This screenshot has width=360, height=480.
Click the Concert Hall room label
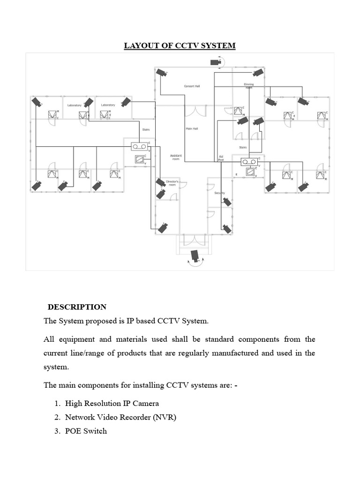point(192,86)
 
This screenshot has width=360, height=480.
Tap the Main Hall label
point(192,128)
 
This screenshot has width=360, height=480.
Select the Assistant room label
point(176,157)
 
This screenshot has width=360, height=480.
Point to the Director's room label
point(172,183)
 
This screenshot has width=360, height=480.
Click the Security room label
point(220,193)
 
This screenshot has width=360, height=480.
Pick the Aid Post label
point(221,158)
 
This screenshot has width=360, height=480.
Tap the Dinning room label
point(248,86)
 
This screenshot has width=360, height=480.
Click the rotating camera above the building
point(216,62)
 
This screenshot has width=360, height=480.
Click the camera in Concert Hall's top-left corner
point(162,73)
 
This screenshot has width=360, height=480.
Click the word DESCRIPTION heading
point(77,307)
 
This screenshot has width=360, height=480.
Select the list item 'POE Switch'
point(86,431)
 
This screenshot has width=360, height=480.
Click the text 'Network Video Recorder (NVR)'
point(120,417)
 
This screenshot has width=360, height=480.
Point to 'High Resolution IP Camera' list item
point(112,403)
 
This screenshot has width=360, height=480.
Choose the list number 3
point(57,431)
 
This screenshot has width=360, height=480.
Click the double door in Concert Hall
point(200,112)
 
